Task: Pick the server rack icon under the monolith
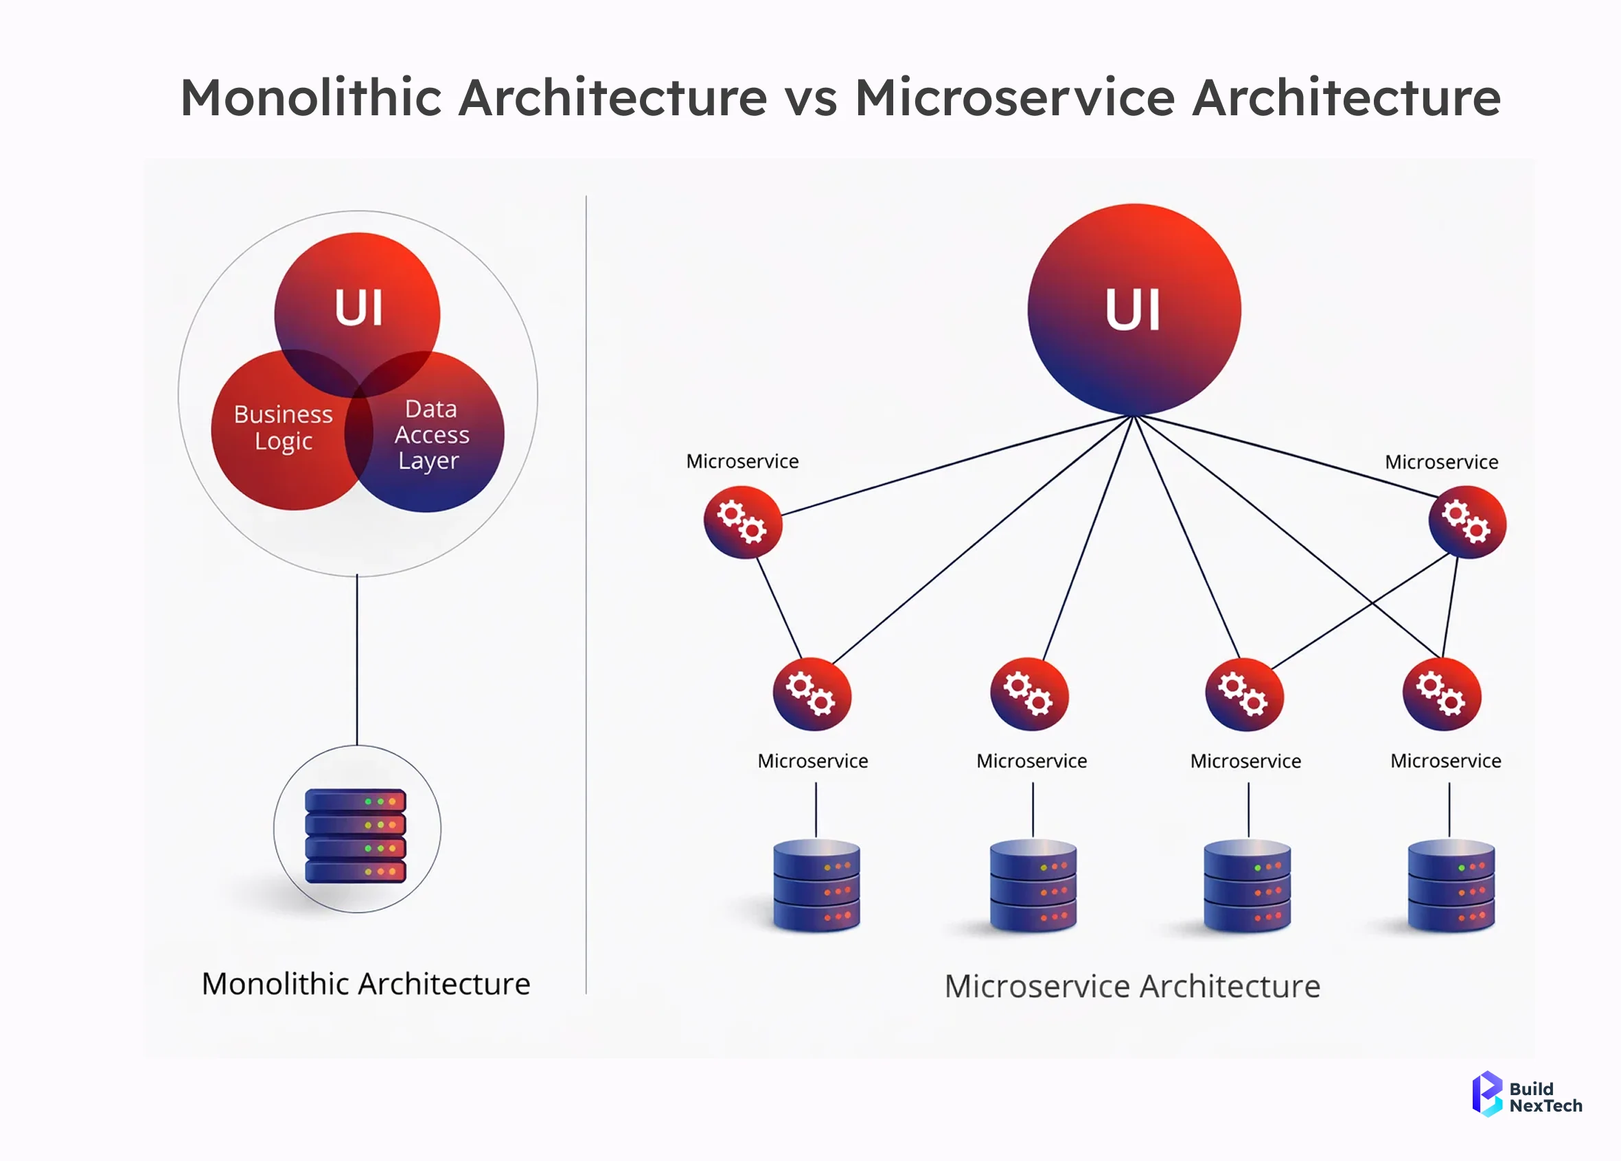[356, 835]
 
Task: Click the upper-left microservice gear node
[743, 522]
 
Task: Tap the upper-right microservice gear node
[1467, 522]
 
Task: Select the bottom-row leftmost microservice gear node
[812, 694]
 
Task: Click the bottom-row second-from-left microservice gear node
[1029, 694]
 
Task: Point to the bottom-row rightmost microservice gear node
[1442, 694]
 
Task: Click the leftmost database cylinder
[817, 886]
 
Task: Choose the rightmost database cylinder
[1451, 886]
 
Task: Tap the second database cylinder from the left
[1033, 886]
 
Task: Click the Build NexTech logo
[1527, 1094]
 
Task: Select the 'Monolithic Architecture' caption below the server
[366, 984]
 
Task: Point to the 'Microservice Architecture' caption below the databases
[1132, 986]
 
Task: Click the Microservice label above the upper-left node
[742, 462]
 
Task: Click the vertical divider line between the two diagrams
[586, 593]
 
